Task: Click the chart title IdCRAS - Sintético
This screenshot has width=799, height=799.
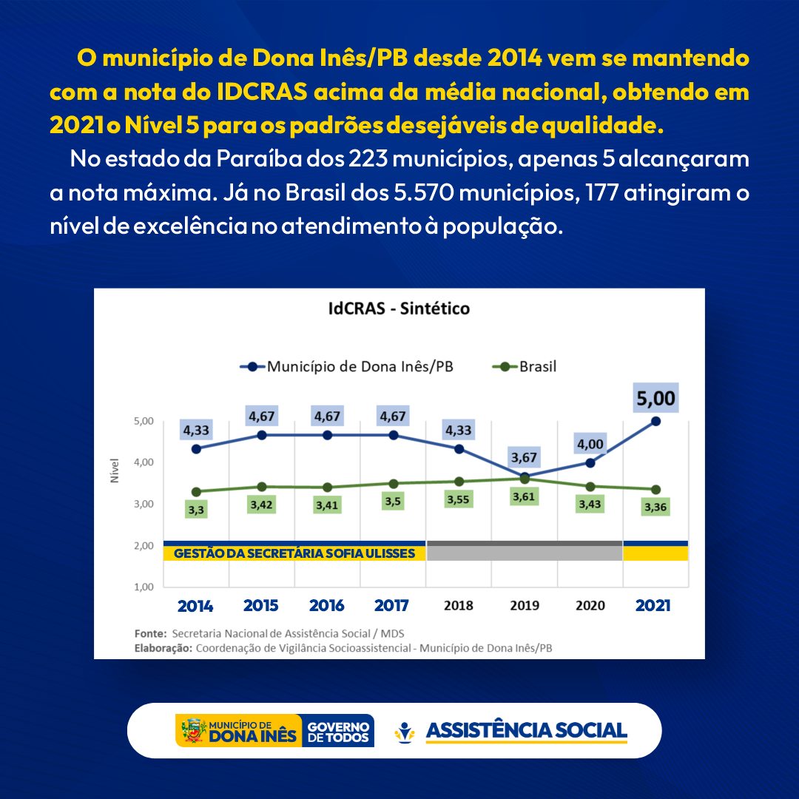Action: (x=399, y=309)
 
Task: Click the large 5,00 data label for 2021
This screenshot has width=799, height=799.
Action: (x=655, y=399)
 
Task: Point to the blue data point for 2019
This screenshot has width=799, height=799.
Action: (x=525, y=477)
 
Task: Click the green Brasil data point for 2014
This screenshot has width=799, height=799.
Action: (x=196, y=492)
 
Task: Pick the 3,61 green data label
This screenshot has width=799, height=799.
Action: (x=525, y=496)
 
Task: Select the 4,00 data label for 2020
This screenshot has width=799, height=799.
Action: (x=590, y=444)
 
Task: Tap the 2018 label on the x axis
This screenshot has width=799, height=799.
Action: (x=459, y=605)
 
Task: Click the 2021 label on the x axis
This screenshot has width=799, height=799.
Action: (x=653, y=605)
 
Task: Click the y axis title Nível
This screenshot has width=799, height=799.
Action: (x=115, y=471)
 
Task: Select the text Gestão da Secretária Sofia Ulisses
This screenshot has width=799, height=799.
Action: (x=294, y=553)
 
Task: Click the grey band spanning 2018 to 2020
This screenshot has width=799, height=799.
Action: (x=524, y=551)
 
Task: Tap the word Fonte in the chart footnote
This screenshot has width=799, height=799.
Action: (x=151, y=633)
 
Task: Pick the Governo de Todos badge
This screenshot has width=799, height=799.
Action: (x=338, y=731)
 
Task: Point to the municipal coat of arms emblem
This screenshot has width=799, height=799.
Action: (x=192, y=731)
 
